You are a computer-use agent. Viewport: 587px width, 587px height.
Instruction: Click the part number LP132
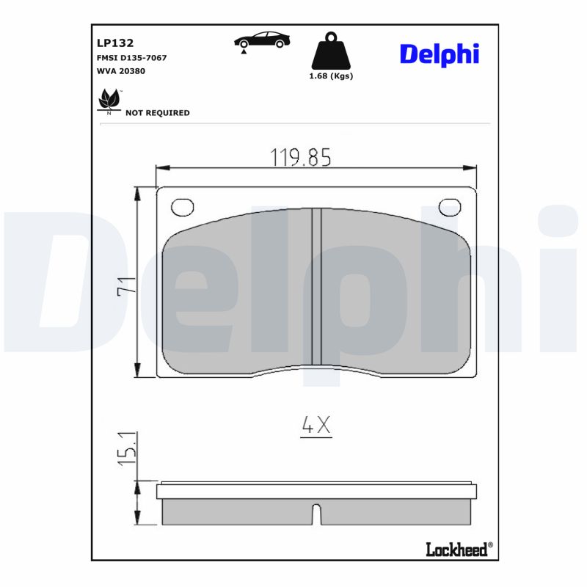point(114,43)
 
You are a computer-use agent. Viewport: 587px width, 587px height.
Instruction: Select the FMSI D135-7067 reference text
point(132,57)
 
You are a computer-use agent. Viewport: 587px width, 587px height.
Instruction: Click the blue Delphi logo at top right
point(439,54)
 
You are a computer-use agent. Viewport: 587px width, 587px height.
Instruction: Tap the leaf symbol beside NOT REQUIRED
point(109,101)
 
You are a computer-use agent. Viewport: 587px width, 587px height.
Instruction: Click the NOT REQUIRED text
point(157,113)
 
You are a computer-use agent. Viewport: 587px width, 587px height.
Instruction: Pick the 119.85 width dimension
point(301,156)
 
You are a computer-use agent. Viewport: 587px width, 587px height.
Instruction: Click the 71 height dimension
point(126,286)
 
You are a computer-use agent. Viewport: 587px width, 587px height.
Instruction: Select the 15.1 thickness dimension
point(126,448)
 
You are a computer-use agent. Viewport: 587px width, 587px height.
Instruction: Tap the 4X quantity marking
point(316,425)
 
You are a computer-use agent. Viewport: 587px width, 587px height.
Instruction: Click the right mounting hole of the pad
point(449,208)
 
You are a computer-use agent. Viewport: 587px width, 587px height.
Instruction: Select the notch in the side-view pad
point(316,514)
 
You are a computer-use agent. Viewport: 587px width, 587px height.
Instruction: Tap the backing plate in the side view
point(316,491)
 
